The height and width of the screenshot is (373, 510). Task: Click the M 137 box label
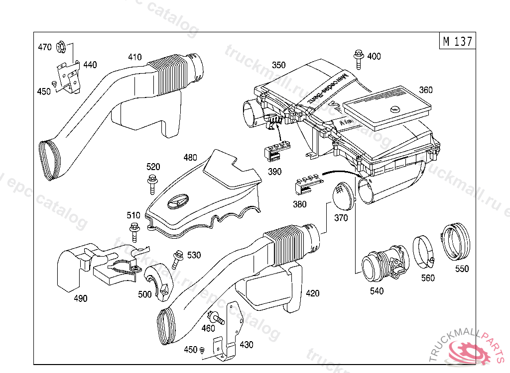click(457, 42)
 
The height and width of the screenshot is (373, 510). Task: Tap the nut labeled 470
click(60, 47)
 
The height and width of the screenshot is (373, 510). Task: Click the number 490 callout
click(80, 298)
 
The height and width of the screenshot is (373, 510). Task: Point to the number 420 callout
click(312, 293)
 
